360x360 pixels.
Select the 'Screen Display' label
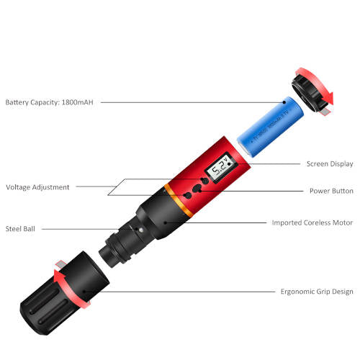click(330, 164)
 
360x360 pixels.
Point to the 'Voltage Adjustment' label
click(37, 187)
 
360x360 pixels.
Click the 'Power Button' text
click(330, 192)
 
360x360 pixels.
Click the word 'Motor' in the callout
click(342, 222)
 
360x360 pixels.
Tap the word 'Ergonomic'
click(298, 292)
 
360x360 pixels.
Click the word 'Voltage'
click(20, 187)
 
